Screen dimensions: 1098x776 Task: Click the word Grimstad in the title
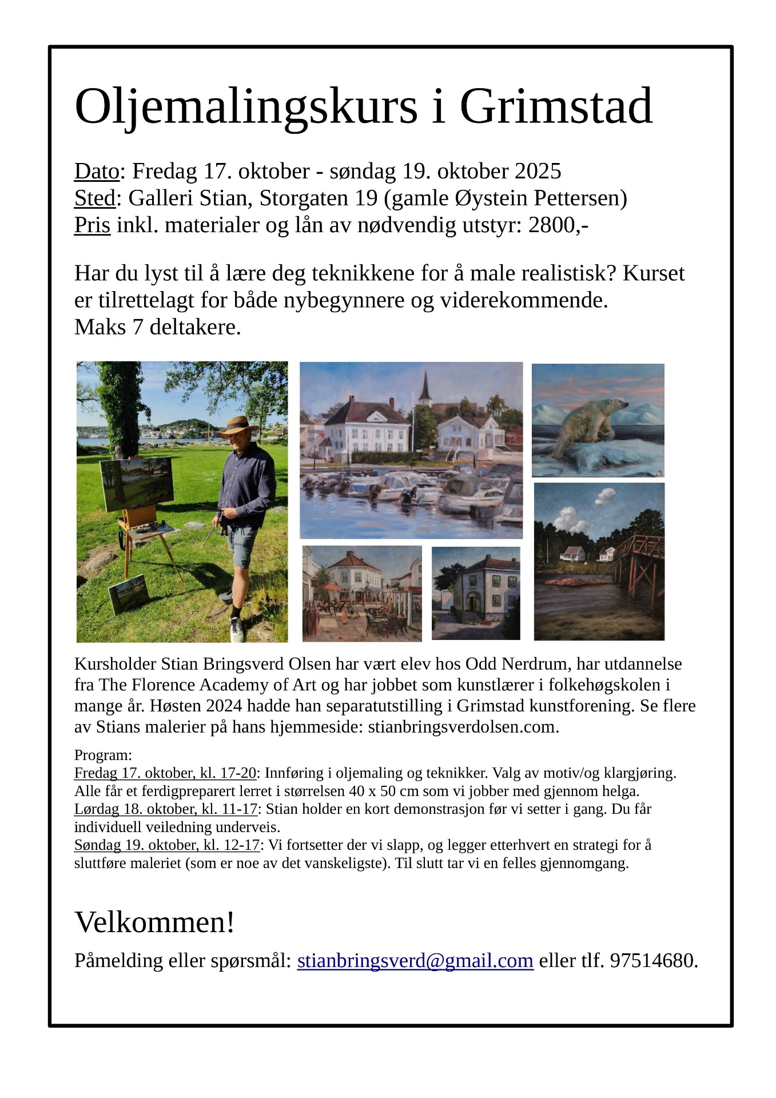tap(555, 107)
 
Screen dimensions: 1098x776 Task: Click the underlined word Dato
tap(97, 172)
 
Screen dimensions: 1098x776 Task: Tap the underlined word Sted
tap(95, 198)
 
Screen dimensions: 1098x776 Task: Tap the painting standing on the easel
tap(137, 483)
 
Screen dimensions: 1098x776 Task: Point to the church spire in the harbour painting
tap(425, 386)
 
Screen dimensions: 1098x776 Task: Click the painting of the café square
tap(361, 593)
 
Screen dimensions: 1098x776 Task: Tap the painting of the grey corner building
tap(476, 593)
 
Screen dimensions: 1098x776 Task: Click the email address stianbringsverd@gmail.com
tap(415, 961)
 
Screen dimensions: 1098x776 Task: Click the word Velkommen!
tap(154, 922)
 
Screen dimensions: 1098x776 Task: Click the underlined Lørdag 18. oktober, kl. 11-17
tap(166, 809)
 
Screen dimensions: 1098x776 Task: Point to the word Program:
tap(103, 755)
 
